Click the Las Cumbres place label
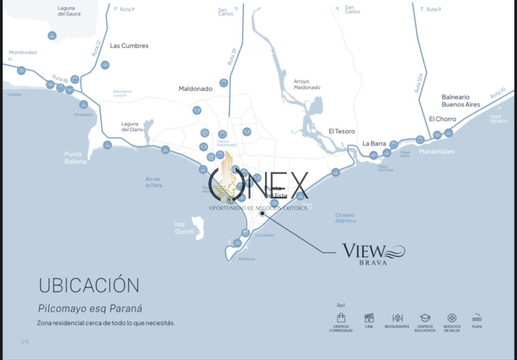[129, 46]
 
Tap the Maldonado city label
[196, 89]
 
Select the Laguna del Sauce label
[69, 11]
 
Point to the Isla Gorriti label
[184, 228]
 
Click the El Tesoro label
[342, 131]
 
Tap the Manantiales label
[436, 152]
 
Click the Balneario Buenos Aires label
[461, 101]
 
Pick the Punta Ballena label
[75, 158]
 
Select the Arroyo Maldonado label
[307, 85]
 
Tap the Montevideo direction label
[23, 53]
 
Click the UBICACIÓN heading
[89, 285]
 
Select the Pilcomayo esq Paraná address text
[90, 309]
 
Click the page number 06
[25, 341]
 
